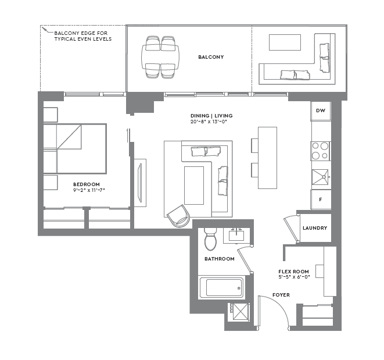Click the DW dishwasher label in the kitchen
(321, 111)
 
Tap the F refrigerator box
(321, 199)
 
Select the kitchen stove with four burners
(321, 151)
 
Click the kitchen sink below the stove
(321, 176)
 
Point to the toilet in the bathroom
(210, 239)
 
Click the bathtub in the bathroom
(221, 288)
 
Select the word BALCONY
(211, 57)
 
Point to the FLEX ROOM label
(293, 272)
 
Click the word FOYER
(281, 295)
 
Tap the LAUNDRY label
(315, 228)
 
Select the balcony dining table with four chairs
(160, 57)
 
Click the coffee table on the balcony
(285, 42)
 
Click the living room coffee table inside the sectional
(194, 184)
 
